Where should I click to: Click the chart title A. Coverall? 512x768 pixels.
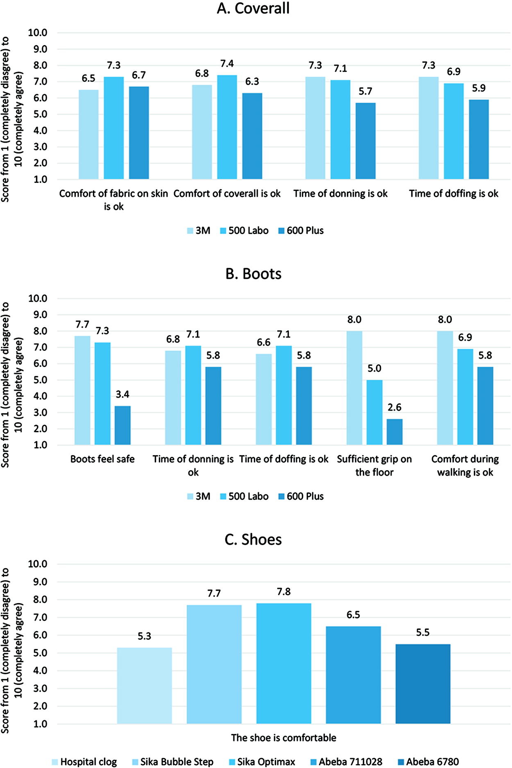(x=253, y=8)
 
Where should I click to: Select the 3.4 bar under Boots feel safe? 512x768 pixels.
(x=122, y=425)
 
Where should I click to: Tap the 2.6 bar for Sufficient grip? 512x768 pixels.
(x=394, y=432)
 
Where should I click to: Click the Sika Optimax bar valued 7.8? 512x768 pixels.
(x=283, y=663)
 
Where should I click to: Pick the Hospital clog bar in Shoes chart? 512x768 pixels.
(x=144, y=686)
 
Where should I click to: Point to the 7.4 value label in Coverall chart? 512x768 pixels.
(x=227, y=64)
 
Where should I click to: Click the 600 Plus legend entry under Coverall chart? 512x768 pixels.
(x=301, y=230)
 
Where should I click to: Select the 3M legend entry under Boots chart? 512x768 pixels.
(x=199, y=496)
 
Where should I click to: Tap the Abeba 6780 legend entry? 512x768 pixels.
(x=428, y=762)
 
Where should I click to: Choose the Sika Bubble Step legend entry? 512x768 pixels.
(x=173, y=762)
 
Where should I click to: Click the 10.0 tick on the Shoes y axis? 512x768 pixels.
(x=38, y=564)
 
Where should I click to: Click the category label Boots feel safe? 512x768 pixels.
(x=102, y=459)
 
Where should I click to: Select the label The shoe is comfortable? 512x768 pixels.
(x=283, y=738)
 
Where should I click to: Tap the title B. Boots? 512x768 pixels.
(x=253, y=273)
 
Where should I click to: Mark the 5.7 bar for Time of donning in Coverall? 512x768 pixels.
(x=365, y=141)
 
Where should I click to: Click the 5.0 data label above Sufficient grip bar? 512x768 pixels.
(x=374, y=368)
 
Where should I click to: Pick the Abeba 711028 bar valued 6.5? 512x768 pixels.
(x=353, y=675)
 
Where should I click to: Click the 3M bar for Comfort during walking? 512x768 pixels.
(x=445, y=388)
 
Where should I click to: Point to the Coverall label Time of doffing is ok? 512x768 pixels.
(x=454, y=194)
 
